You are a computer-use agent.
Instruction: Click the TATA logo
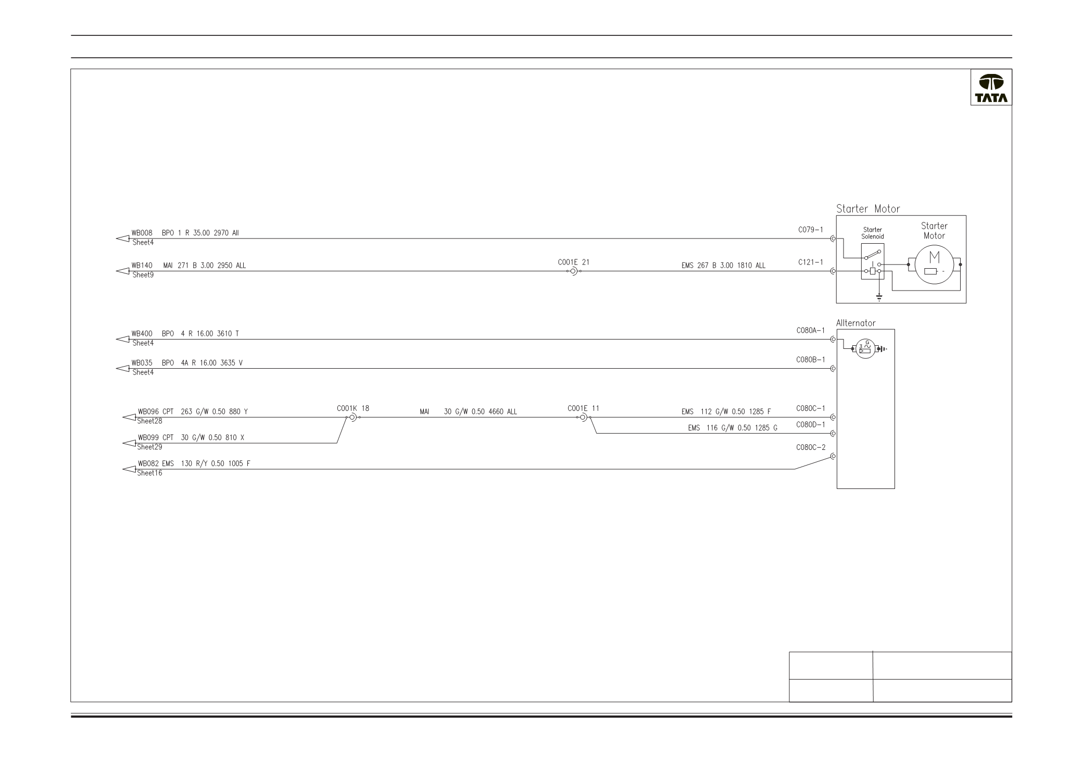[991, 89]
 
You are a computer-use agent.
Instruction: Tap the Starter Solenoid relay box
[873, 261]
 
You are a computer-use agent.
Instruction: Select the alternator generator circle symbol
[864, 349]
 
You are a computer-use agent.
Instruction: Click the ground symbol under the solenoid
[879, 298]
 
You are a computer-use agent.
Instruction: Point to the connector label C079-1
[811, 230]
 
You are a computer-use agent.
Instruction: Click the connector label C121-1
[811, 262]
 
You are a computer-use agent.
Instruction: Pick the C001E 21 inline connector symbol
[573, 271]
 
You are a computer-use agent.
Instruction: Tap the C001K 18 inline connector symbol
[353, 418]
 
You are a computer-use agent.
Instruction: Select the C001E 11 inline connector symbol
[583, 418]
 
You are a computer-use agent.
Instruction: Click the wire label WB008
[142, 233]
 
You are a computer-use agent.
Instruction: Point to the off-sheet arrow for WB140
[122, 271]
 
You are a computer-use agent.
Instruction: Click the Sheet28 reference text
[149, 421]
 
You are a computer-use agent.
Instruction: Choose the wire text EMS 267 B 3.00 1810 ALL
[723, 266]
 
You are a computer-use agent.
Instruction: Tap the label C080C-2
[811, 447]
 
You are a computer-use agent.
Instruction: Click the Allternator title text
[855, 323]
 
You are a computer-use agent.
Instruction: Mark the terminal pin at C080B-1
[833, 369]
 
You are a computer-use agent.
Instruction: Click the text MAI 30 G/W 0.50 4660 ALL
[468, 412]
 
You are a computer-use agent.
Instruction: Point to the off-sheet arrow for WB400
[122, 340]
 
